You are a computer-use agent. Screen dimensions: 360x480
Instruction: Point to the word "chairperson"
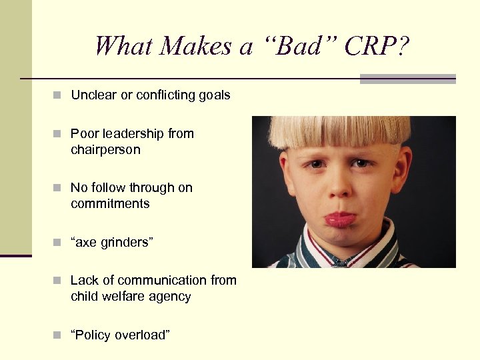tap(105, 149)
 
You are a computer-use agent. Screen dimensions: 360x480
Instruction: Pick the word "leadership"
tap(132, 133)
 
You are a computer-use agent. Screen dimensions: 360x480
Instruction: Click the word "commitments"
tap(110, 203)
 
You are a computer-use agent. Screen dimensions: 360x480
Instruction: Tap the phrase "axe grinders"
tap(112, 242)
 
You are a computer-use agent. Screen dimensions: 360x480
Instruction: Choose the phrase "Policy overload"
tap(120, 335)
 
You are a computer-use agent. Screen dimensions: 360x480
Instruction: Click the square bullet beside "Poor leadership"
tap(59, 134)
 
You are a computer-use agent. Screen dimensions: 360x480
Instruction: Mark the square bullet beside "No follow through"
tap(59, 189)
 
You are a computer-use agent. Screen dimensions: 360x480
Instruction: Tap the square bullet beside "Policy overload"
tap(59, 335)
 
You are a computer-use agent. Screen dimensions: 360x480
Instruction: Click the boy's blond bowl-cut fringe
tap(340, 130)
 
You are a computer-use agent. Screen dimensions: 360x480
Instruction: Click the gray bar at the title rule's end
tap(407, 79)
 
